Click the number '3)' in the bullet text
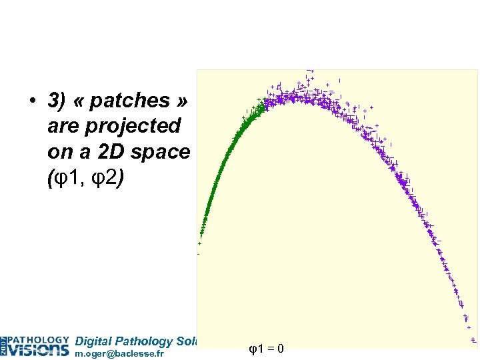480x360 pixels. point(57,101)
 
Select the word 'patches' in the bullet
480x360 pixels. point(129,101)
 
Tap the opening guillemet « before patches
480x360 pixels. point(79,101)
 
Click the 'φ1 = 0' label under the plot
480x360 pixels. point(266,347)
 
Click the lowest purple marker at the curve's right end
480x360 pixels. point(473,340)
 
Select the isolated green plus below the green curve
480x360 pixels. point(199,244)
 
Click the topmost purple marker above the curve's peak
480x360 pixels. point(309,70)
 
